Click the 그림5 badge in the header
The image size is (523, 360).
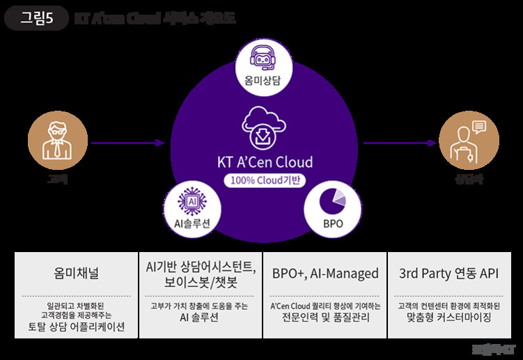(x=36, y=18)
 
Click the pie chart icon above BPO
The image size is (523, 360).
(x=332, y=202)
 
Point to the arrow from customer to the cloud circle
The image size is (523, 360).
(x=128, y=143)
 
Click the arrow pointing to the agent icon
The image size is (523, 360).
(x=397, y=143)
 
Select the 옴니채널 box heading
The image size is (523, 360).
(x=76, y=274)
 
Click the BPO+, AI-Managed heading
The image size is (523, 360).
(x=324, y=274)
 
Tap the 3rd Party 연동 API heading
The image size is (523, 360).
(x=448, y=274)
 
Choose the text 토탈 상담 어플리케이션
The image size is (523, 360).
(x=76, y=327)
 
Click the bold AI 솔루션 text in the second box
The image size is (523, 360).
(x=201, y=318)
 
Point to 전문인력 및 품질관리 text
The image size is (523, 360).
(x=324, y=318)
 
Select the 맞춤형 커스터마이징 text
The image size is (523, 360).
(x=448, y=318)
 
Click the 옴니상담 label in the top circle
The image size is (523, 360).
(x=261, y=81)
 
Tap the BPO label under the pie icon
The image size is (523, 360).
(x=332, y=224)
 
